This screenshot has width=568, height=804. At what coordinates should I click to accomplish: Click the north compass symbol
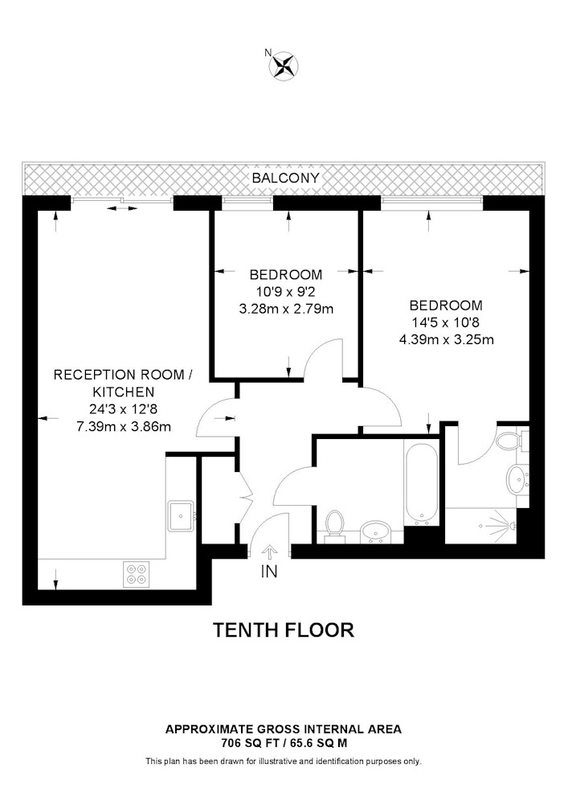pyautogui.click(x=284, y=66)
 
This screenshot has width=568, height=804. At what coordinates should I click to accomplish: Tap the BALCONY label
pyautogui.click(x=285, y=178)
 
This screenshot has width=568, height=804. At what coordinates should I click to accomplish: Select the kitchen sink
pyautogui.click(x=182, y=516)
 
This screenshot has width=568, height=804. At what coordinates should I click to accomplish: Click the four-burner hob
pyautogui.click(x=137, y=574)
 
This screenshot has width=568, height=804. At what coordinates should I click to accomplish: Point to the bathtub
pyautogui.click(x=422, y=482)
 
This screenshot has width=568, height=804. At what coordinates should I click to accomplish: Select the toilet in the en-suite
pyautogui.click(x=513, y=440)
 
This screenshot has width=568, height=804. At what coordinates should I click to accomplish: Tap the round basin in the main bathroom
pyautogui.click(x=377, y=531)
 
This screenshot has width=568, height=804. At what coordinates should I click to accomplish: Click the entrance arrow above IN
pyautogui.click(x=269, y=553)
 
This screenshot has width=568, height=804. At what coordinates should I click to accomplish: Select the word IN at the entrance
pyautogui.click(x=269, y=571)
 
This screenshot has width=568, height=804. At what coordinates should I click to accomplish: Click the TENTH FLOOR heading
pyautogui.click(x=284, y=630)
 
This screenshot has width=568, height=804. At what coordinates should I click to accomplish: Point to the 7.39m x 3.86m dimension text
pyautogui.click(x=124, y=427)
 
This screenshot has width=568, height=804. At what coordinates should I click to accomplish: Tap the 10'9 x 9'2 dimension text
pyautogui.click(x=286, y=292)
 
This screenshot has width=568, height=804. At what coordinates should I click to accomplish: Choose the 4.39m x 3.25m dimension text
pyautogui.click(x=446, y=339)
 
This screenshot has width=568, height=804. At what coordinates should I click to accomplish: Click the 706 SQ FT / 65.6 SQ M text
pyautogui.click(x=284, y=742)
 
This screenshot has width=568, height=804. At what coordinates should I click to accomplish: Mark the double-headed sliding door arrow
pyautogui.click(x=122, y=208)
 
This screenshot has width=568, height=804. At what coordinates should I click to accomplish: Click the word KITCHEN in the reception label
pyautogui.click(x=124, y=392)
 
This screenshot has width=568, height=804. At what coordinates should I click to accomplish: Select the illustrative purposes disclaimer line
pyautogui.click(x=284, y=761)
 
